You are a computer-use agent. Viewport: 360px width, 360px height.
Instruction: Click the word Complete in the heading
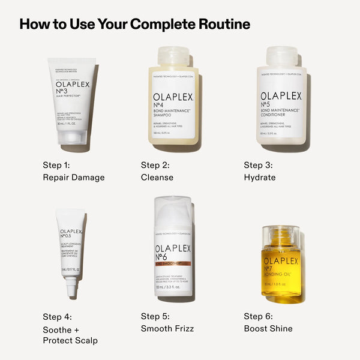pyautogui.click(x=163, y=25)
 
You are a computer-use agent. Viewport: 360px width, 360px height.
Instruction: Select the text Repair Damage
pyautogui.click(x=74, y=178)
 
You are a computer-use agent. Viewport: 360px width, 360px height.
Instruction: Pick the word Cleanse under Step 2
pyautogui.click(x=157, y=178)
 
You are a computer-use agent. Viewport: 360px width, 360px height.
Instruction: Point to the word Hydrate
pyautogui.click(x=260, y=178)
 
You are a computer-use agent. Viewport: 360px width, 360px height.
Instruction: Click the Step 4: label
pyautogui.click(x=57, y=316)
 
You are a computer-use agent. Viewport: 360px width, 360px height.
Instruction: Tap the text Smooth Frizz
pyautogui.click(x=167, y=329)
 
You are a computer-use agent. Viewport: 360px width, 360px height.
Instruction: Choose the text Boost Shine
pyautogui.click(x=268, y=329)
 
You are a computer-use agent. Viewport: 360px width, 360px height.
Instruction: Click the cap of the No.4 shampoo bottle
pyautogui.click(x=173, y=56)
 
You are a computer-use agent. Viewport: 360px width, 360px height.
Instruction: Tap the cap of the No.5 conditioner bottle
pyautogui.click(x=281, y=56)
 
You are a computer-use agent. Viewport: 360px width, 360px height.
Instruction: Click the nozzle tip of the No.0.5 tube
pyautogui.click(x=71, y=290)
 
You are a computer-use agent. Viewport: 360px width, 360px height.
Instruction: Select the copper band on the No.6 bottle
pyautogui.click(x=173, y=263)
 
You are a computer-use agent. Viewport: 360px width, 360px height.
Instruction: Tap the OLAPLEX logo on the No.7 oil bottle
pyautogui.click(x=281, y=261)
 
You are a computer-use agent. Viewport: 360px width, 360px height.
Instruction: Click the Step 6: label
pyautogui.click(x=258, y=316)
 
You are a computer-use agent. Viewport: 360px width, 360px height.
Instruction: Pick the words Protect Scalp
pyautogui.click(x=70, y=341)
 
